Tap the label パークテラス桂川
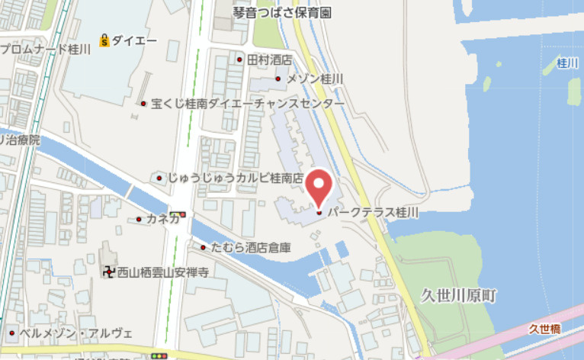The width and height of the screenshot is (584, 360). [374, 213]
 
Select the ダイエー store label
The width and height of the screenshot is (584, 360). [135, 39]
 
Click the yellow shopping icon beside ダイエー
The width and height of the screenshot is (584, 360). [104, 39]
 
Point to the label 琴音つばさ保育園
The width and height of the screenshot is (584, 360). [287, 13]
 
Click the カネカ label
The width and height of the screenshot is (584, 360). [162, 220]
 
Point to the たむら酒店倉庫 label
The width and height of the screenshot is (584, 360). [251, 247]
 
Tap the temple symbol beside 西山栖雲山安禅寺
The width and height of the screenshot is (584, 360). [108, 272]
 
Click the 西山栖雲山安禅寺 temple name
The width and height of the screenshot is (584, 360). [162, 272]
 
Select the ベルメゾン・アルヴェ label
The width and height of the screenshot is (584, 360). [75, 333]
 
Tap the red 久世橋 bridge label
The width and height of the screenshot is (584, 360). [544, 329]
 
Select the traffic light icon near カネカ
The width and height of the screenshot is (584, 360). [178, 215]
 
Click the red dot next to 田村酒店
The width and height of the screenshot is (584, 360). [239, 59]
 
